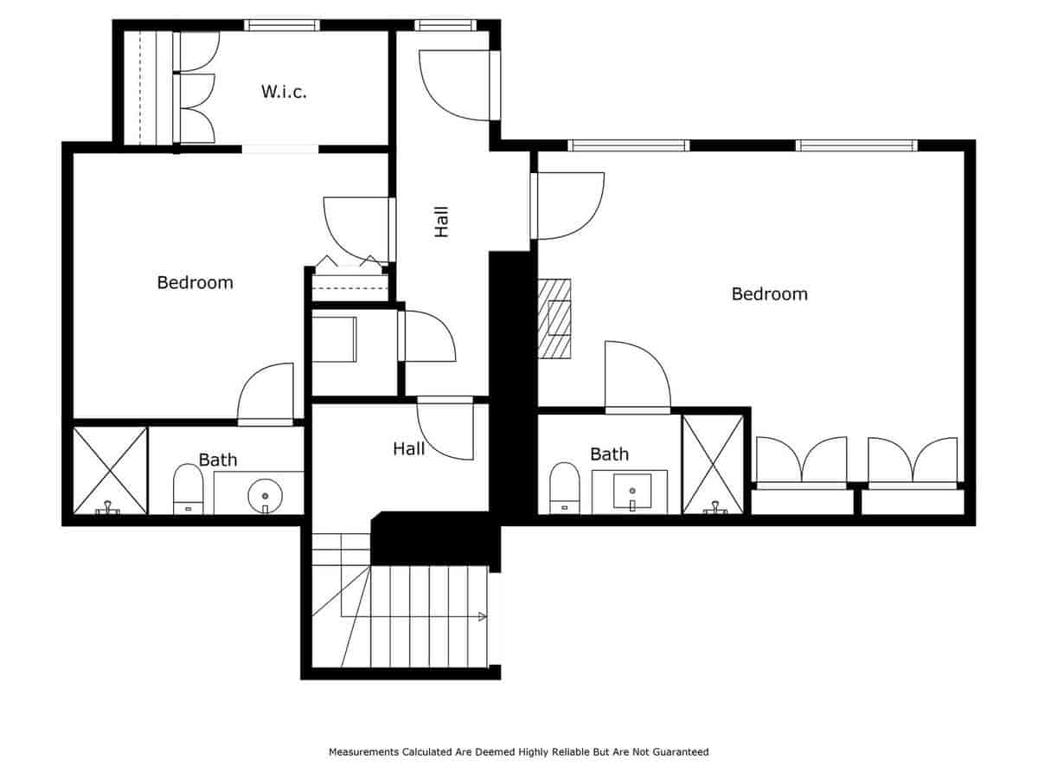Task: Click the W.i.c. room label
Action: [284, 91]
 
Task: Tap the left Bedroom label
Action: [195, 282]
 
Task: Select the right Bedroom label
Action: [769, 293]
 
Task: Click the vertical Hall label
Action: [442, 222]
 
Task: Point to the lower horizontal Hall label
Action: [408, 448]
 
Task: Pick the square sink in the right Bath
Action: [632, 491]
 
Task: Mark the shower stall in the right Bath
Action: [713, 464]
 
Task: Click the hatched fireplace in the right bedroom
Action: [554, 318]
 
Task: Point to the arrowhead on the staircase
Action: [482, 616]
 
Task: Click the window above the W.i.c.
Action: [282, 25]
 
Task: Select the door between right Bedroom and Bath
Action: [637, 376]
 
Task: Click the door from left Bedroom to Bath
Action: [266, 394]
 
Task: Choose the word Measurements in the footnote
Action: [364, 752]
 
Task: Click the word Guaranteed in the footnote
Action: [681, 752]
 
